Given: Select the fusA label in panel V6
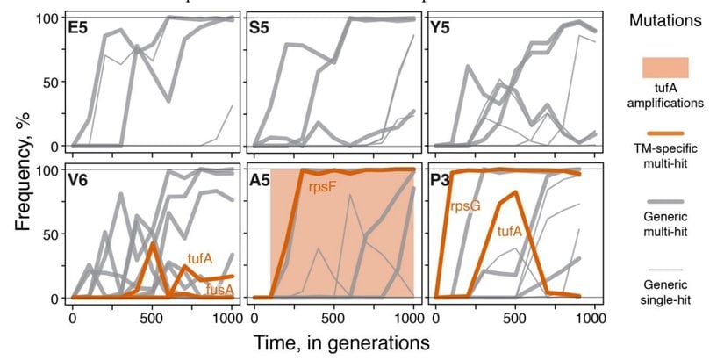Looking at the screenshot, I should click(x=219, y=287).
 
